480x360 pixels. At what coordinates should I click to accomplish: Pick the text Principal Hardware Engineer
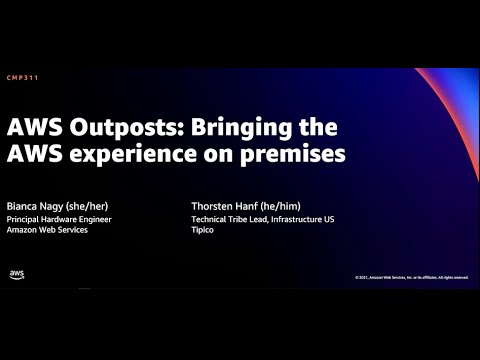pos(59,218)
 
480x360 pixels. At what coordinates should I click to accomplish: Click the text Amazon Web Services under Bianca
pos(47,230)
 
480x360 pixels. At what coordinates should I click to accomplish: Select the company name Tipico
pos(203,230)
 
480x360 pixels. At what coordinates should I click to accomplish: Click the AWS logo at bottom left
pos(17,274)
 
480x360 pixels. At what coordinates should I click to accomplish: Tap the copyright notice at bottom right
pos(410,277)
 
